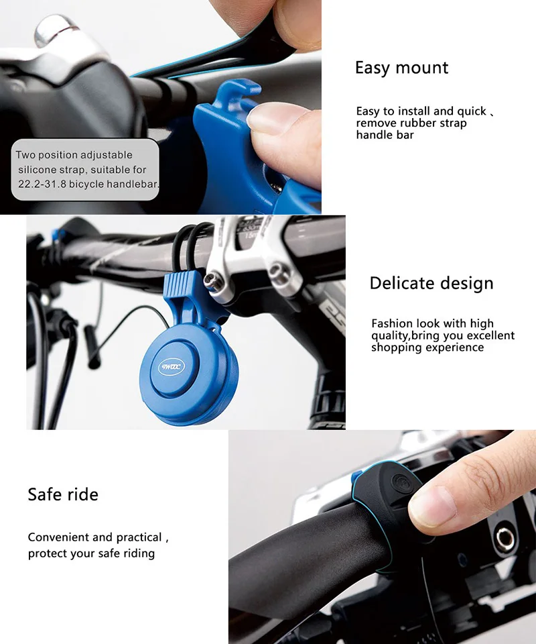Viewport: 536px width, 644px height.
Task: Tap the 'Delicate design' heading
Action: click(431, 283)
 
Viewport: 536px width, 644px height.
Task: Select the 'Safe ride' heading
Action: click(63, 494)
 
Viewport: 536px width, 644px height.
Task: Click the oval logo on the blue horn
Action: click(172, 367)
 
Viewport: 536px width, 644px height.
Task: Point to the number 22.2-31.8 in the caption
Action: click(42, 184)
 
